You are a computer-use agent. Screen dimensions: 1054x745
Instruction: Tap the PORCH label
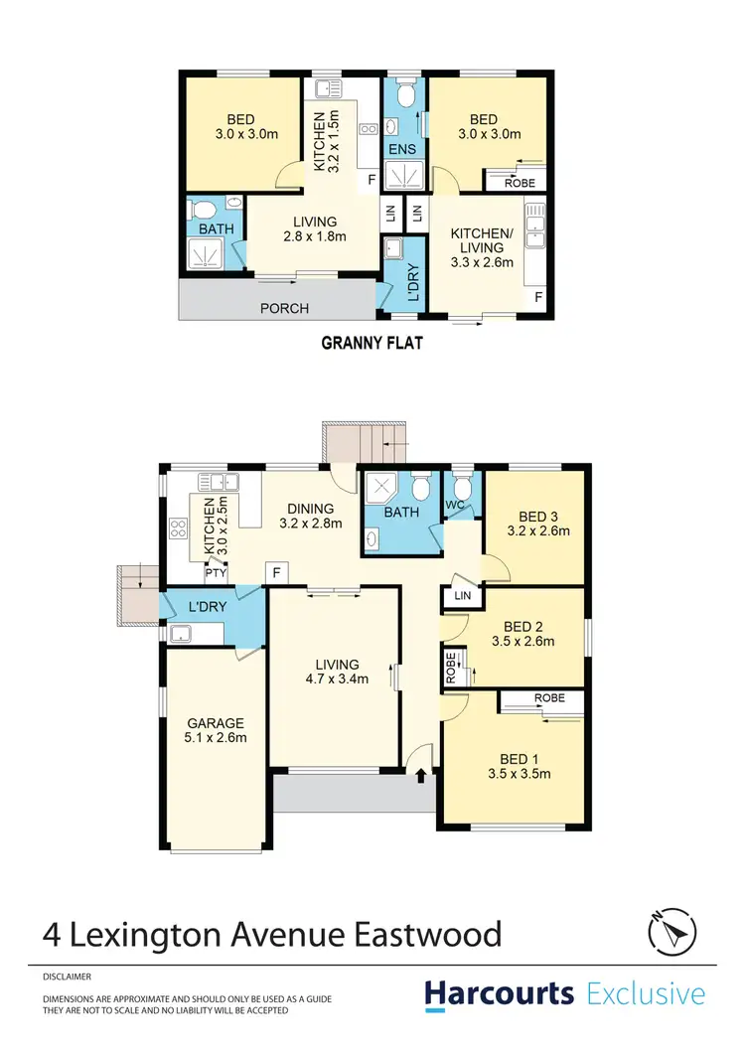(x=284, y=308)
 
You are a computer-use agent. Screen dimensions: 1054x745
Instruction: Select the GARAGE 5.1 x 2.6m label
(x=216, y=730)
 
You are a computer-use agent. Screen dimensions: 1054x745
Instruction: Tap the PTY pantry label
(x=216, y=573)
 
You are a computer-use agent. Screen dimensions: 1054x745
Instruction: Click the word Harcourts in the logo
(x=500, y=994)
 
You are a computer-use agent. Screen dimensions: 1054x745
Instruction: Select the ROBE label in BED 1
(x=548, y=698)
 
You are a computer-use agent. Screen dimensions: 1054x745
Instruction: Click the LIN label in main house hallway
(x=462, y=595)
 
